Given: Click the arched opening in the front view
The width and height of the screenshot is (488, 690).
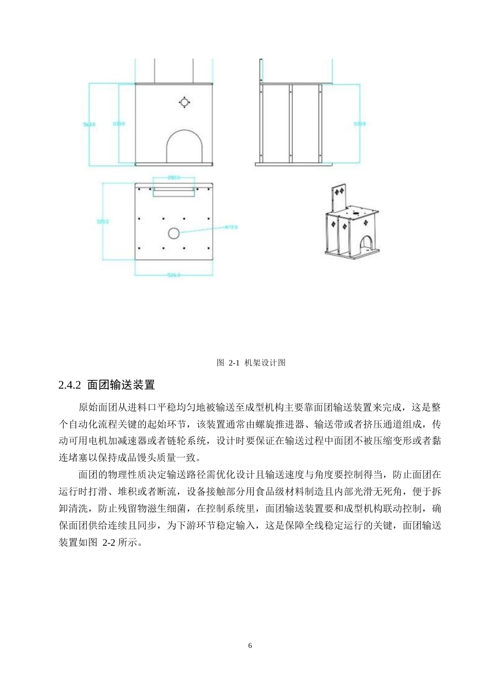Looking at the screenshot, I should tap(184, 147).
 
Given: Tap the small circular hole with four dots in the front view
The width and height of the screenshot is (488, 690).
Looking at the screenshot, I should tap(184, 102).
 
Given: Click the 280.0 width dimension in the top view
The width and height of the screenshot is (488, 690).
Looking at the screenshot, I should tap(174, 178).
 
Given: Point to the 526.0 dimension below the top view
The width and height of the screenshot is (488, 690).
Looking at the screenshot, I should tap(174, 275).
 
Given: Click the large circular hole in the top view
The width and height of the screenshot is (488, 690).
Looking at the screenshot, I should tap(174, 234).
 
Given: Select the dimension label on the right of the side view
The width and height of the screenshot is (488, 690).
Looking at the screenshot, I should tap(360, 124).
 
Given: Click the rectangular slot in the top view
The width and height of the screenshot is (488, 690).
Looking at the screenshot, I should tap(174, 191).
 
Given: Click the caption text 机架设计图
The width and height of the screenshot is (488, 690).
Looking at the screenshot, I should tap(265, 363).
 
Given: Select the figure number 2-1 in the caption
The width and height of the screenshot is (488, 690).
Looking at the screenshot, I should tap(234, 363).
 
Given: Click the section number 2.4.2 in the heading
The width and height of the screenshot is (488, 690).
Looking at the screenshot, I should tap(70, 385).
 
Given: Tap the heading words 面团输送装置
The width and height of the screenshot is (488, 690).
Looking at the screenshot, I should tap(121, 385).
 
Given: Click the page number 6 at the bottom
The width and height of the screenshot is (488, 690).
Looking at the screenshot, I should tap(250, 645).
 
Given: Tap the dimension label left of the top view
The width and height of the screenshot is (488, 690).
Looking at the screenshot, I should tap(103, 222).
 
